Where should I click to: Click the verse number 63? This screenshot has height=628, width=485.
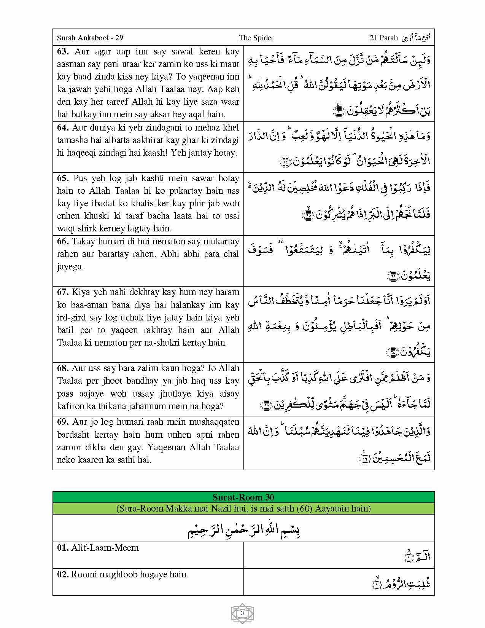(63, 52)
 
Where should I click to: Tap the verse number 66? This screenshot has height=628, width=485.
(63, 242)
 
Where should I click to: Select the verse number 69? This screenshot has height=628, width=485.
(63, 422)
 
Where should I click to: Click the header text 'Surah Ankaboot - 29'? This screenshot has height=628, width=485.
(90, 38)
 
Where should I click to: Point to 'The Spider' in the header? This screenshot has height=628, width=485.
(256, 38)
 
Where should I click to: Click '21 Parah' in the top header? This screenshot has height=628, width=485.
(383, 38)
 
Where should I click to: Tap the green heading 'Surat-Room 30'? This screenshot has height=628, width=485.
(243, 497)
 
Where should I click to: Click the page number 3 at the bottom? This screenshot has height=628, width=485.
(242, 613)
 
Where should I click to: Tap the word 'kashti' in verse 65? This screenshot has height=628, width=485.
(156, 179)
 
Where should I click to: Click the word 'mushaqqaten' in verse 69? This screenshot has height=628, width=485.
(215, 422)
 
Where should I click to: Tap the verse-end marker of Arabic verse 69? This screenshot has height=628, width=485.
(365, 458)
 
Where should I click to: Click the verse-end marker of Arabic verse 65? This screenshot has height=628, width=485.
(307, 215)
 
